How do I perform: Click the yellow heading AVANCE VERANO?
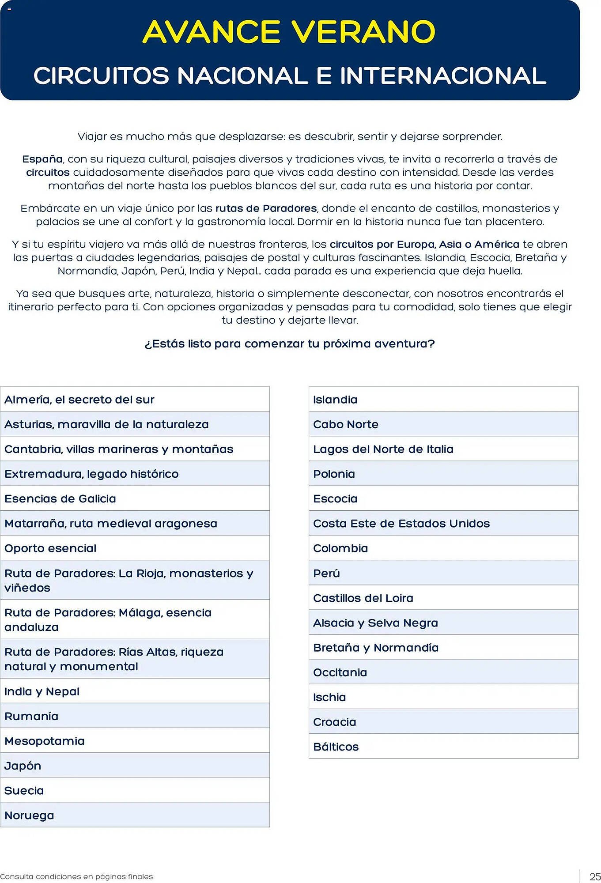(289, 32)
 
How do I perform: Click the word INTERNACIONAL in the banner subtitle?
(443, 75)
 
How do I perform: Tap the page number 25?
(594, 876)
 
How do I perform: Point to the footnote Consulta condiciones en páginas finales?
(76, 876)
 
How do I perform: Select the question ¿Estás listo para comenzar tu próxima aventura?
(289, 343)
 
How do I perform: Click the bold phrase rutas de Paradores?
(266, 208)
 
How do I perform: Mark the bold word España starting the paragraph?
(42, 159)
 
